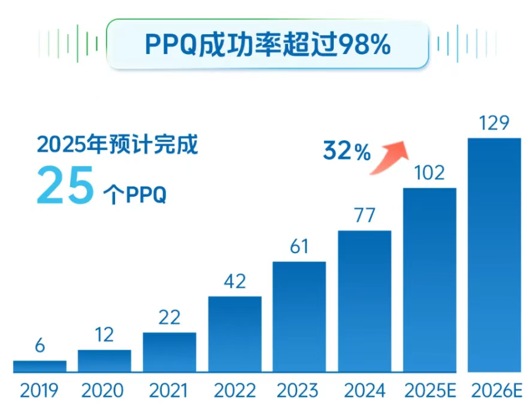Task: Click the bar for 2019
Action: (x=40, y=366)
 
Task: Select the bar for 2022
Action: (x=235, y=333)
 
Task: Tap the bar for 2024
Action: (x=364, y=300)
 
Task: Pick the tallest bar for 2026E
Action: (x=494, y=254)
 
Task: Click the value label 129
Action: (x=494, y=124)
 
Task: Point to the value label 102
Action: (x=429, y=173)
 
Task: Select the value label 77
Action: (x=364, y=216)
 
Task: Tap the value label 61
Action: (x=299, y=247)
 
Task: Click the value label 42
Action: (x=234, y=281)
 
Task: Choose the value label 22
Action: (x=169, y=317)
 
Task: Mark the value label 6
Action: (x=40, y=346)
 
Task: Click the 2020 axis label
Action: (x=104, y=390)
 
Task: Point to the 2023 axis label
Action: (x=299, y=390)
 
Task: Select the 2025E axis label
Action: (x=430, y=390)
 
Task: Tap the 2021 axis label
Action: (x=169, y=390)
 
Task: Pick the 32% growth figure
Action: (x=347, y=152)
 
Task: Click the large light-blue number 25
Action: (x=66, y=187)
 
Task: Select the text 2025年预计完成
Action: (x=117, y=145)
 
